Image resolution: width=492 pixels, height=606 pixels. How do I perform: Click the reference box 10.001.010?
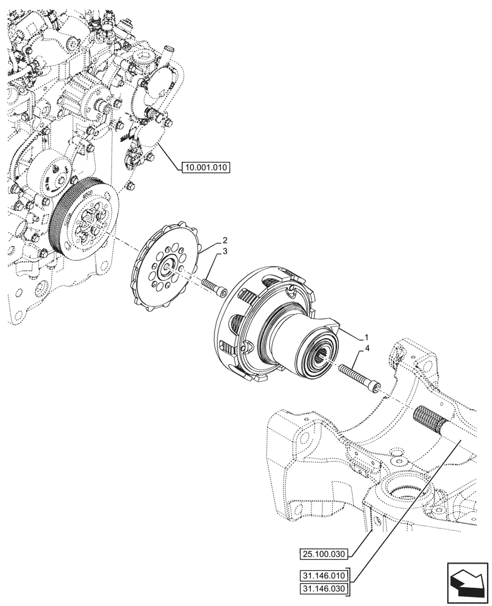(x=206, y=167)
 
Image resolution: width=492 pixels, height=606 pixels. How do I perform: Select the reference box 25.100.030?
(x=325, y=553)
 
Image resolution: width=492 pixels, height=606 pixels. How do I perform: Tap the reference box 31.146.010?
(x=325, y=575)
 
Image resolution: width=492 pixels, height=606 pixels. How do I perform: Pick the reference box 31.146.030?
(x=325, y=588)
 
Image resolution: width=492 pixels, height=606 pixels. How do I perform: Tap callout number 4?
(x=367, y=348)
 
